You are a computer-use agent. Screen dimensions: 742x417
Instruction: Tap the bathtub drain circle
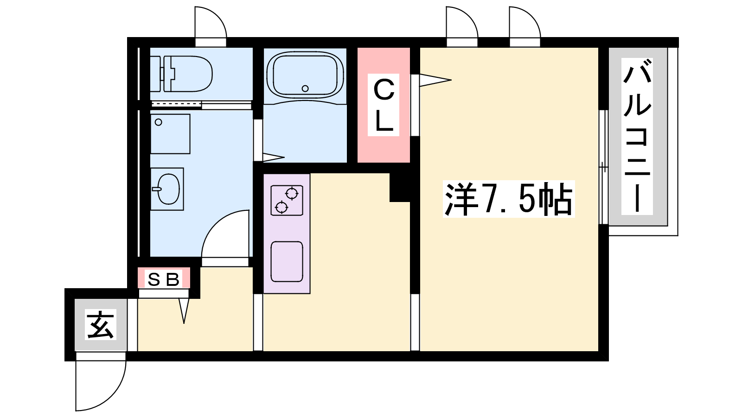pyautogui.click(x=305, y=88)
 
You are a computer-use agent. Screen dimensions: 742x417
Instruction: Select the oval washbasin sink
pyautogui.click(x=169, y=189)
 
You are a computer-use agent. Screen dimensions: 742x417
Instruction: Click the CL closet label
pyautogui.click(x=384, y=105)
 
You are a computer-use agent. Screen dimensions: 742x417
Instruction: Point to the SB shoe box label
pyautogui.click(x=164, y=280)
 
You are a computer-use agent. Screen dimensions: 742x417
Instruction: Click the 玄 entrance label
pyautogui.click(x=101, y=324)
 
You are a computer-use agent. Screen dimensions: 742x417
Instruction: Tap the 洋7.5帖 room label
pyautogui.click(x=508, y=199)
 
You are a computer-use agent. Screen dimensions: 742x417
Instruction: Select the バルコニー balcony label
pyautogui.click(x=637, y=136)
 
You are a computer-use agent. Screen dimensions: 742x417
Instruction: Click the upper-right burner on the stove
pyautogui.click(x=292, y=193)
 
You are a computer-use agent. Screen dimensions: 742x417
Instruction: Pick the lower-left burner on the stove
pyautogui.click(x=281, y=207)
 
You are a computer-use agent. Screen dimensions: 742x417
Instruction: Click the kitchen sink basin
pyautogui.click(x=287, y=262)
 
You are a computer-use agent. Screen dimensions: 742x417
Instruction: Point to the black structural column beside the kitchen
pyautogui.click(x=400, y=187)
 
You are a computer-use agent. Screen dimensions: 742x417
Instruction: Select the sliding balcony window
pyautogui.click(x=603, y=167)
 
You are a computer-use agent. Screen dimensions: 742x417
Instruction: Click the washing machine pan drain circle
pyautogui.click(x=158, y=122)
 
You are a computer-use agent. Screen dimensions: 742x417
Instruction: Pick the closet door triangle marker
pyautogui.click(x=435, y=80)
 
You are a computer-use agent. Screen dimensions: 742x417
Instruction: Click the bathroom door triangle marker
pyautogui.click(x=274, y=157)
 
